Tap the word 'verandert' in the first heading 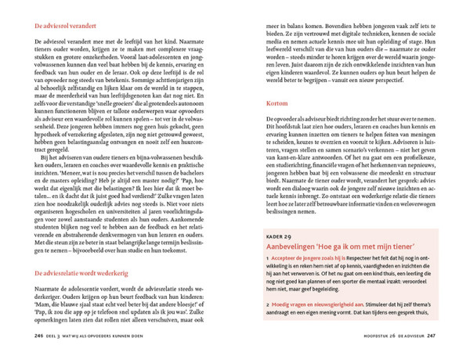click(85, 26)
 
